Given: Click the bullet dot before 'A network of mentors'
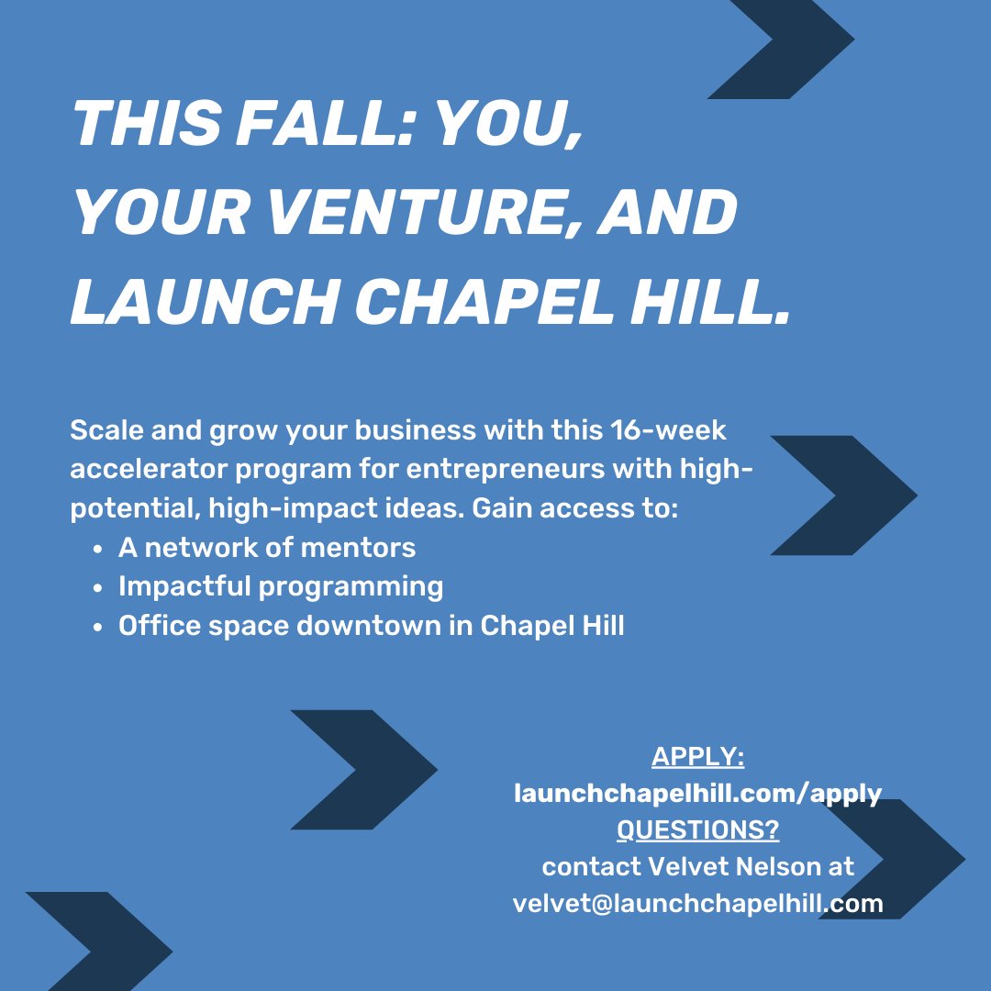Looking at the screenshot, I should pyautogui.click(x=97, y=550).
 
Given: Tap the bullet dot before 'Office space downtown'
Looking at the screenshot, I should pyautogui.click(x=97, y=628).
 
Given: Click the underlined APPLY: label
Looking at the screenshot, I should pyautogui.click(x=697, y=757).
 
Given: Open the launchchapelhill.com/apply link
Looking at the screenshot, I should pyautogui.click(x=697, y=794).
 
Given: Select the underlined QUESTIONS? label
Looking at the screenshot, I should pyautogui.click(x=697, y=830).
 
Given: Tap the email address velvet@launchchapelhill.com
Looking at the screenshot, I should pyautogui.click(x=697, y=903).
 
